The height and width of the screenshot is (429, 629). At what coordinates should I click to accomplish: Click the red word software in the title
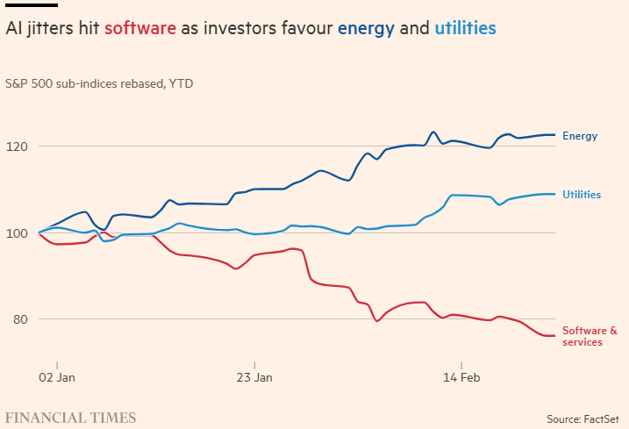point(139,29)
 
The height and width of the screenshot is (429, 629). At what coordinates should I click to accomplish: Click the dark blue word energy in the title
point(366,29)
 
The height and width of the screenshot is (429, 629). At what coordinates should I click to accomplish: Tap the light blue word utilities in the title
point(465,29)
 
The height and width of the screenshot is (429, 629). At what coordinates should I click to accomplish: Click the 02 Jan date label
point(57,378)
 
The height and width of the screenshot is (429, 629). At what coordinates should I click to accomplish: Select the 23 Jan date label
point(254,378)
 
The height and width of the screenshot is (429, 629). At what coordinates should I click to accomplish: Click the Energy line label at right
point(580,136)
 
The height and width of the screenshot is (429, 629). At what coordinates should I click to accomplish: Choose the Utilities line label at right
point(582,194)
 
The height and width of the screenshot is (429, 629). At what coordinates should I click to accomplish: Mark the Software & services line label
point(589,336)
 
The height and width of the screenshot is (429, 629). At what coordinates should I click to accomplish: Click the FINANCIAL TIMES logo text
point(71,418)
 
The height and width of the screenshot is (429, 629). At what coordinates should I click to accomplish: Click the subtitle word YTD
point(182,84)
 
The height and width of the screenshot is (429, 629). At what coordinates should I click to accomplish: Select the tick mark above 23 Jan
point(254,364)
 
